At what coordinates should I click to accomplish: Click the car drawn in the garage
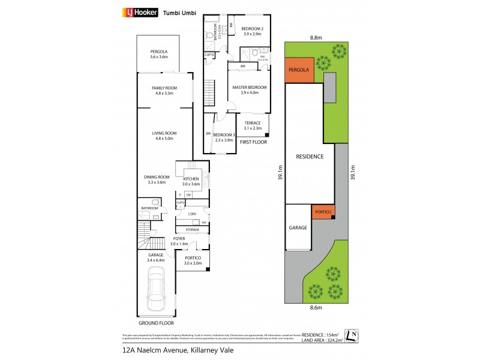[x=157, y=290]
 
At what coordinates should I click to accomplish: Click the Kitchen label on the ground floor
[x=191, y=181]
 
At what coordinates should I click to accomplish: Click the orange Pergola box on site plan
[x=298, y=70]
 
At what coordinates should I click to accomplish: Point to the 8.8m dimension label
[x=315, y=37]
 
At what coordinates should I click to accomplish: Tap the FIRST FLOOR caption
[x=253, y=142]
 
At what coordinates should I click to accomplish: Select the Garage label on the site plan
[x=298, y=228]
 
